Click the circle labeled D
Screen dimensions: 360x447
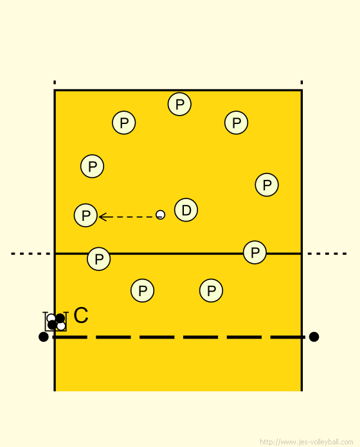pyautogui.click(x=186, y=210)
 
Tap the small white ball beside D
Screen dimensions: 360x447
pyautogui.click(x=160, y=215)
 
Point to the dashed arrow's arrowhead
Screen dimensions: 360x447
pyautogui.click(x=102, y=217)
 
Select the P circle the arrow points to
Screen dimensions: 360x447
pyautogui.click(x=85, y=215)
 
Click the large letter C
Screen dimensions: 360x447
pyautogui.click(x=81, y=315)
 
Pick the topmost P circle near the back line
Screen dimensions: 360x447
pyautogui.click(x=179, y=104)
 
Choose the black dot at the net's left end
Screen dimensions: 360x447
pyautogui.click(x=43, y=337)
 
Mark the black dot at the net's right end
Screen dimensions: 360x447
pyautogui.click(x=314, y=337)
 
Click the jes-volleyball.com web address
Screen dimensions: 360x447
pyautogui.click(x=307, y=442)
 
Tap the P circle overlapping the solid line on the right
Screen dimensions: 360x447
pyautogui.click(x=255, y=252)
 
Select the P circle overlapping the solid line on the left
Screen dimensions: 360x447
pyautogui.click(x=99, y=259)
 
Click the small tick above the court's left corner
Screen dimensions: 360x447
pyautogui.click(x=55, y=82)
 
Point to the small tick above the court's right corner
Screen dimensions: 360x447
pyautogui.click(x=301, y=82)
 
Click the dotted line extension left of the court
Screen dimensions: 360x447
pyautogui.click(x=31, y=254)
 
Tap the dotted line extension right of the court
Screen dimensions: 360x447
pyautogui.click(x=327, y=254)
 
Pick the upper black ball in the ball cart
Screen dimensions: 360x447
pyautogui.click(x=60, y=318)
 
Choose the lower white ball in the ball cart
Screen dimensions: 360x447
pyautogui.click(x=61, y=326)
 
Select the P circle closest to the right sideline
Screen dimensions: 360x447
pyautogui.click(x=267, y=185)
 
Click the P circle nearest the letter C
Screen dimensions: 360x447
pyautogui.click(x=142, y=290)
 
